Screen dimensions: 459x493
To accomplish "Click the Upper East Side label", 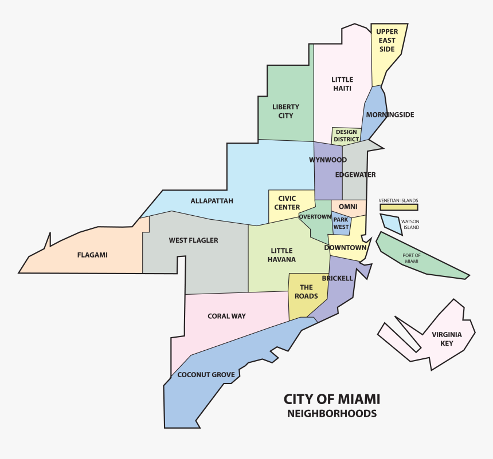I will [387, 41].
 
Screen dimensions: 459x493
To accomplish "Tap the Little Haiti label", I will [342, 84].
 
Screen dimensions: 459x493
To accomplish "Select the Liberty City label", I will [286, 111].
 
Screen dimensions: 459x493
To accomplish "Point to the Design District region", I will [346, 136].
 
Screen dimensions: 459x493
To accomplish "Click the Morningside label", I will [390, 114].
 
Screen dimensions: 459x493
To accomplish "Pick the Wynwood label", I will [328, 160].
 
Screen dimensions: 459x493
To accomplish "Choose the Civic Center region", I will [287, 203].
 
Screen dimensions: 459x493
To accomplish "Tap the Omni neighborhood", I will [348, 207].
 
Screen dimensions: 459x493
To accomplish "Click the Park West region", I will [341, 223].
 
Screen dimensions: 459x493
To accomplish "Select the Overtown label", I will [315, 217].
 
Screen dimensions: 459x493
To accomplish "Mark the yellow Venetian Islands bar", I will [398, 207].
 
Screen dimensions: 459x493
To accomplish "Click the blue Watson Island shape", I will [390, 222].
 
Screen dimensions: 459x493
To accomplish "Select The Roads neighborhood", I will [306, 292].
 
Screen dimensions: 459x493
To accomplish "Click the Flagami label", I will [92, 255].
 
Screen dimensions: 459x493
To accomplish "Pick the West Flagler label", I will [193, 240].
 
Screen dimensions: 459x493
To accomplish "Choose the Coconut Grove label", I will [206, 375].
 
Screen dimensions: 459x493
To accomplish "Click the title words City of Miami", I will [332, 399].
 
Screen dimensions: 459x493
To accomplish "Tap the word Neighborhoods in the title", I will [332, 413].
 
